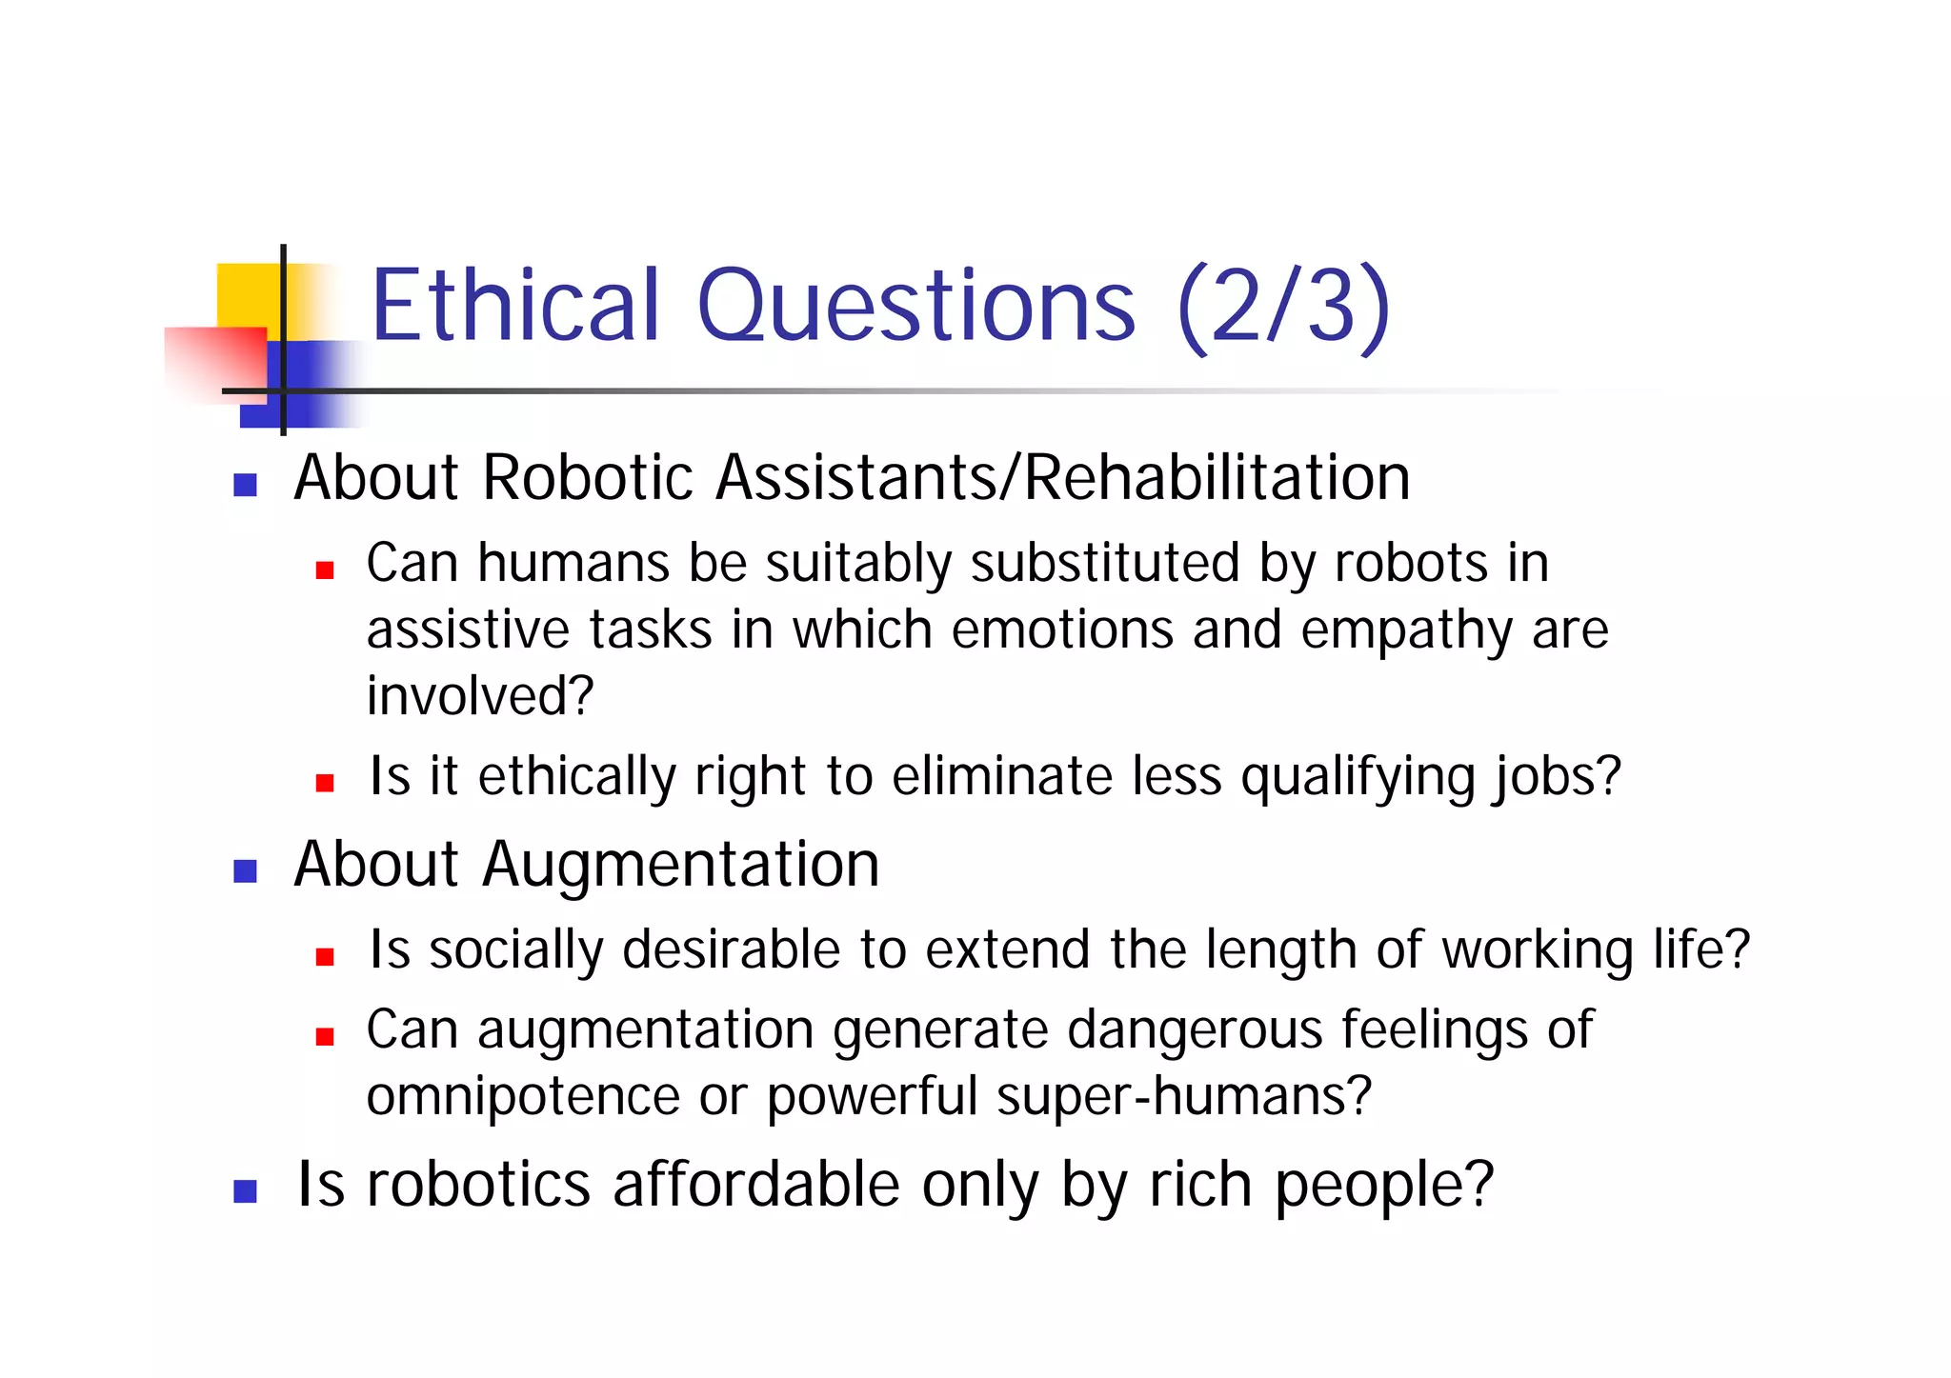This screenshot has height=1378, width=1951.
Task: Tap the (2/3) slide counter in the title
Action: point(1283,307)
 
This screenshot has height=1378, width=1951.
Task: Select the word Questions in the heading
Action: point(916,307)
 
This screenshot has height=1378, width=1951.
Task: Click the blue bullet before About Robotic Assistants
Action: point(245,486)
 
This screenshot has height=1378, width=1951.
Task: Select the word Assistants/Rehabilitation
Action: point(1062,477)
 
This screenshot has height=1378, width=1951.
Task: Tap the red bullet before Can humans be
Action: point(325,570)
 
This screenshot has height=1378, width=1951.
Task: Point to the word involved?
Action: point(480,696)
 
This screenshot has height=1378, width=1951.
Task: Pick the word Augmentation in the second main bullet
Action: point(680,866)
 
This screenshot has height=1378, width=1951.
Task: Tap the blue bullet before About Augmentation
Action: point(245,871)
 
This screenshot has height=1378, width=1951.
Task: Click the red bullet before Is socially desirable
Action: point(325,957)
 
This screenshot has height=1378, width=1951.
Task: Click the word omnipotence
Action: point(523,1097)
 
